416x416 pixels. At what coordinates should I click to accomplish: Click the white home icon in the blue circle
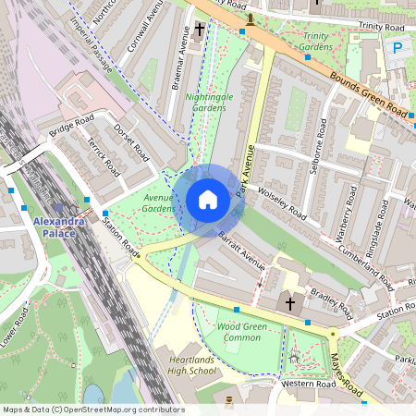pyautogui.click(x=208, y=199)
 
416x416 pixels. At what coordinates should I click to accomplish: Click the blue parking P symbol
pyautogui.click(x=398, y=47)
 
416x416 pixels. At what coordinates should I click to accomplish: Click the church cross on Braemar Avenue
pyautogui.click(x=199, y=30)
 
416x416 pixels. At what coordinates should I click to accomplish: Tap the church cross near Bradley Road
pyautogui.click(x=289, y=303)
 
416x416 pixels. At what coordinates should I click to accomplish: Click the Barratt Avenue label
pyautogui.click(x=242, y=251)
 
